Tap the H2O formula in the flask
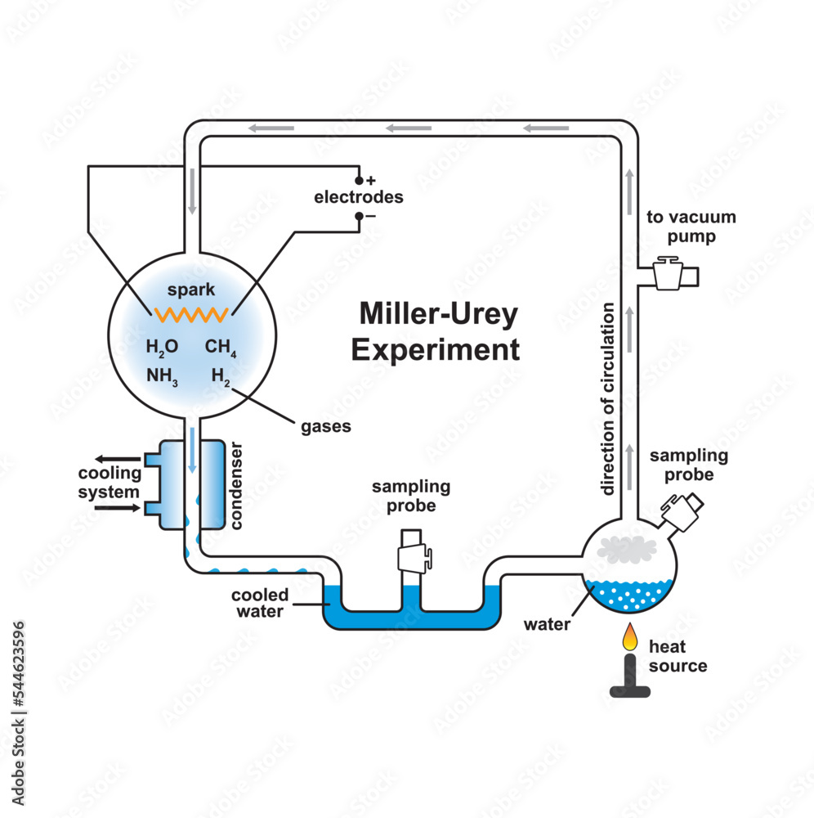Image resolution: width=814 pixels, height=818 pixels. click(x=162, y=347)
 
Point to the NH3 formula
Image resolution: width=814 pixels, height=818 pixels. click(x=163, y=375)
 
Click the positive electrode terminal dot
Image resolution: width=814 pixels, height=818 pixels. click(x=358, y=180)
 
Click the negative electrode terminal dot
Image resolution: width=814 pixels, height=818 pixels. click(x=358, y=217)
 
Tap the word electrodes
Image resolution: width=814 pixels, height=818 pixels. click(x=359, y=198)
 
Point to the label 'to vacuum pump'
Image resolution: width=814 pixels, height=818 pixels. click(x=691, y=227)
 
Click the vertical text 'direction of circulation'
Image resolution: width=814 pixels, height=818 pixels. click(x=608, y=398)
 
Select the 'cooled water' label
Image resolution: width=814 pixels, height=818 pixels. click(x=258, y=603)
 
